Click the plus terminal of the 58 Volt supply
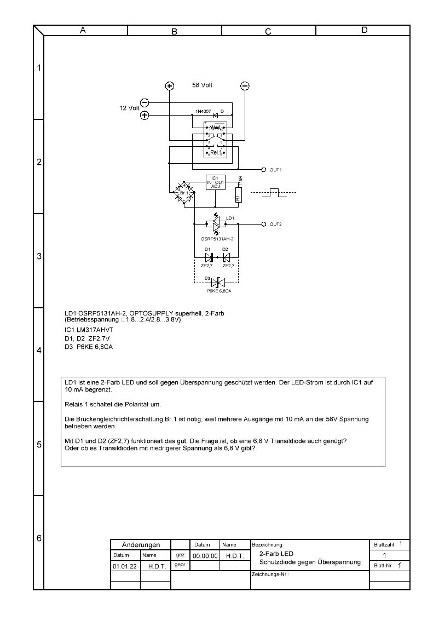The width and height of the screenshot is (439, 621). point(170,86)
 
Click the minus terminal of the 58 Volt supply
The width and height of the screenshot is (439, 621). point(245,86)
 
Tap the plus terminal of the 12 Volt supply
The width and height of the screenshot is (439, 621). point(145,115)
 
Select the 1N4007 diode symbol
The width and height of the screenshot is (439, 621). point(216,115)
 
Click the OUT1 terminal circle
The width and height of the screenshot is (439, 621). point(264,170)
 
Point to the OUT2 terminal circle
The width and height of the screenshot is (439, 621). point(264,224)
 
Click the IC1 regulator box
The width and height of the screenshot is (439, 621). point(214,182)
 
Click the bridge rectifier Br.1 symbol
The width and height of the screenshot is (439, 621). point(183,193)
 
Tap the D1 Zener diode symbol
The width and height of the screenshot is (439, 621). point(209,256)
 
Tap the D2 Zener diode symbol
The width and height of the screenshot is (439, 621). point(226,256)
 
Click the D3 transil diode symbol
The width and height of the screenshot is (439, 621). point(218,283)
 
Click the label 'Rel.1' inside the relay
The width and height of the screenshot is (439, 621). point(216,152)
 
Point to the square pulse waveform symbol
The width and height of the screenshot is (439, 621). point(273,193)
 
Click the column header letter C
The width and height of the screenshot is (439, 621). point(268,31)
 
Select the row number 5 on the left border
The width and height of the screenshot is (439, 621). point(39,445)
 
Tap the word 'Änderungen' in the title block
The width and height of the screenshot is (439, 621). point(141,545)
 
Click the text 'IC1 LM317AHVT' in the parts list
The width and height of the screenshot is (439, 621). point(89,331)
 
